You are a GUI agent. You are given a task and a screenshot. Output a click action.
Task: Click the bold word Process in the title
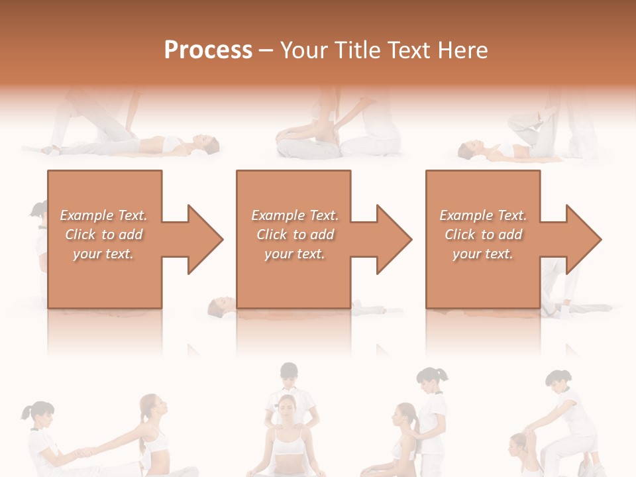point(208,50)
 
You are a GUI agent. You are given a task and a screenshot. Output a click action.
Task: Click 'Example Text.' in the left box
point(104,215)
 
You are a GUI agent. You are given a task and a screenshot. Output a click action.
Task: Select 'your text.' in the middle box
point(295,254)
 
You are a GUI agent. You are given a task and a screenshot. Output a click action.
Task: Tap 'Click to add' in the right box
point(484,235)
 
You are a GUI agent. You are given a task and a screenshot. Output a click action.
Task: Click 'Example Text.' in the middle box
point(295,215)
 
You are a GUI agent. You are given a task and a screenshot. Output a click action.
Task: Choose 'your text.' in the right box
point(483,254)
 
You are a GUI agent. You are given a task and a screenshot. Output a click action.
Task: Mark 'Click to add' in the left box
point(104,235)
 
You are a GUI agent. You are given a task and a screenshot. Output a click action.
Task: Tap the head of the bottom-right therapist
point(559,381)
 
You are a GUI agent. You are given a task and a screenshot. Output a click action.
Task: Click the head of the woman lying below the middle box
point(219,305)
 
